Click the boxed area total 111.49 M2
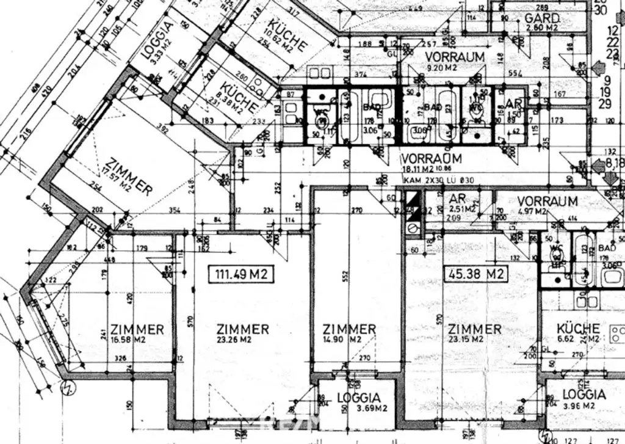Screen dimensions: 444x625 tap(241, 274)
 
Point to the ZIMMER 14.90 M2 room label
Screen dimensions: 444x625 tap(349, 333)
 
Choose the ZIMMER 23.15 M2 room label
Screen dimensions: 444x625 tap(474, 333)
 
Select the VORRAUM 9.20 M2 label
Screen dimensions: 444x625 tap(455, 60)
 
